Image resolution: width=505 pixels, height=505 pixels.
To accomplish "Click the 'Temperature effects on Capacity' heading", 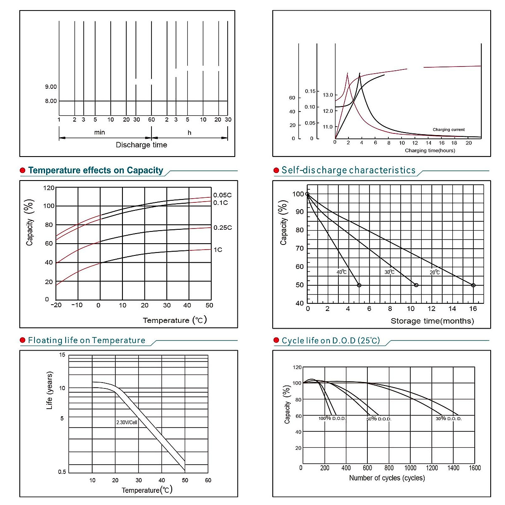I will click(96, 170).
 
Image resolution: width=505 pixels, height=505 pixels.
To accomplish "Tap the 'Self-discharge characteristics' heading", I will click(348, 170).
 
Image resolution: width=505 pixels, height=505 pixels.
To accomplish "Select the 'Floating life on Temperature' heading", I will click(87, 340).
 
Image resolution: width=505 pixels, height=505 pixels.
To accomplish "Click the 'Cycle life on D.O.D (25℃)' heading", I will click(331, 340).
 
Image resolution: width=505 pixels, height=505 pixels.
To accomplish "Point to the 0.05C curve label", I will click(222, 195).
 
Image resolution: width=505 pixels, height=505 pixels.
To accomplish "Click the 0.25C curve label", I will click(223, 228).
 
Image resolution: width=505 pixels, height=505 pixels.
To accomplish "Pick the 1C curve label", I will click(218, 250).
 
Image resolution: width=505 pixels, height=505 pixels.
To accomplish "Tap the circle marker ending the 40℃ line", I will click(359, 285).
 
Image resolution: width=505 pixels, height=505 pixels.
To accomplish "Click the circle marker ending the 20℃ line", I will click(473, 285).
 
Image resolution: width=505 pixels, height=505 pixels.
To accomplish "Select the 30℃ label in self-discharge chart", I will click(389, 272).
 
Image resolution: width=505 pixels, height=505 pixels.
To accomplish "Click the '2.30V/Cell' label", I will click(127, 422).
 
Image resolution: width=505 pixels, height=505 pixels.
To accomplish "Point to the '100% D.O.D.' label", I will click(332, 419).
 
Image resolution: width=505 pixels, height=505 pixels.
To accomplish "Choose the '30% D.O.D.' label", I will click(449, 419).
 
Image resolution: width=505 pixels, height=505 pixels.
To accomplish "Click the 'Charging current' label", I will click(449, 130).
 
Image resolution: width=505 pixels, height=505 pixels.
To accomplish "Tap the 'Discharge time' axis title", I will click(141, 145).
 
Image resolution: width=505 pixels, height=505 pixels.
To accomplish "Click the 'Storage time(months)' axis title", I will click(432, 321).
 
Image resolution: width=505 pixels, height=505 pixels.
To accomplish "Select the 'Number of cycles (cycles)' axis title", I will click(387, 478).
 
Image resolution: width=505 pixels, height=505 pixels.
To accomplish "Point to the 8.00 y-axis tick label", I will click(51, 101).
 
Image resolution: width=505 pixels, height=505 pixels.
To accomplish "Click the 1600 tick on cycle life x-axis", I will click(475, 468).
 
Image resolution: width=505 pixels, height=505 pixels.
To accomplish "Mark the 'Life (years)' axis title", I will click(50, 391).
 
